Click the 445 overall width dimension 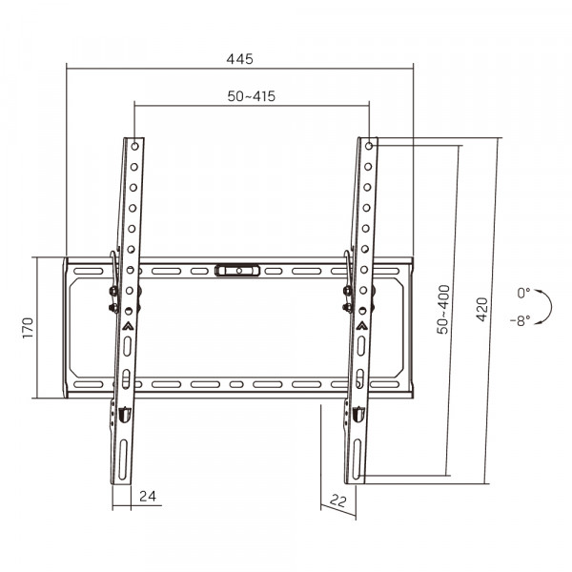click(239, 59)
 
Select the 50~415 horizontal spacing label click(252, 98)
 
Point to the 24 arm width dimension click(147, 496)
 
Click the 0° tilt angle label click(523, 293)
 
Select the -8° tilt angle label click(521, 320)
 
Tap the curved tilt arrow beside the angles click(545, 307)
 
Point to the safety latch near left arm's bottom click(123, 414)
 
